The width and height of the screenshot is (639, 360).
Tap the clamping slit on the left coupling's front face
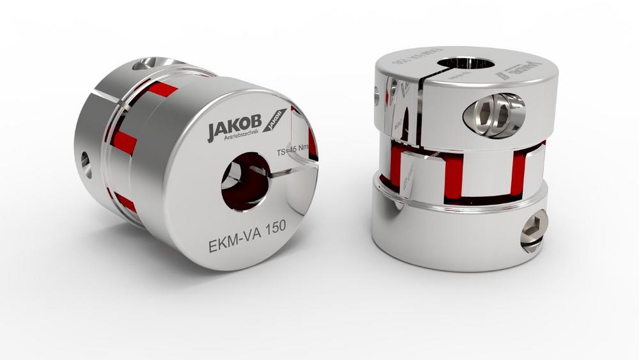tap(291, 171)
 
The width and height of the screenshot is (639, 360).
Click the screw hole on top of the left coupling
tap(149, 65)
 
